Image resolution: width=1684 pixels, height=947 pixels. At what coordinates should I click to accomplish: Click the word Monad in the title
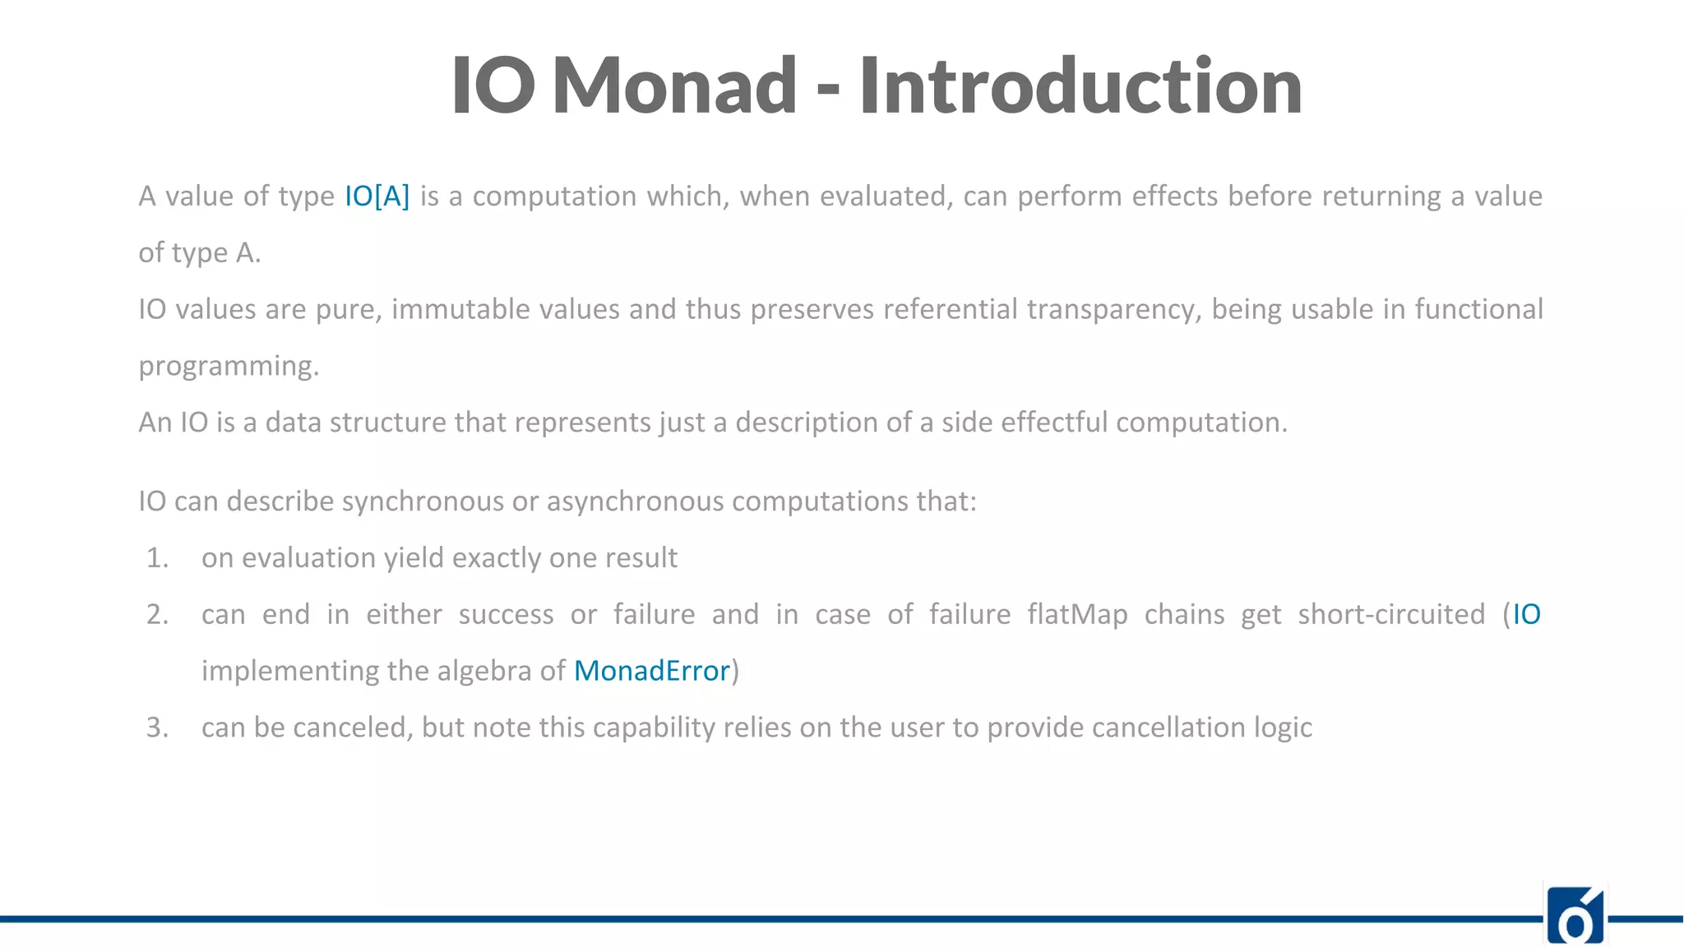674,85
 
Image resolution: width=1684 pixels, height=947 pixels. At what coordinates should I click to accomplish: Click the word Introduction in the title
1080,85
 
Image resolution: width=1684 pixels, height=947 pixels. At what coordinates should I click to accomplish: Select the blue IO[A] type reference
377,196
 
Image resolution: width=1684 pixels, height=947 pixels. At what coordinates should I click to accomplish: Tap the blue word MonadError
651,671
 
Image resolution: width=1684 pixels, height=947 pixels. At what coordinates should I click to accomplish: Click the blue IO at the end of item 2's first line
1526,614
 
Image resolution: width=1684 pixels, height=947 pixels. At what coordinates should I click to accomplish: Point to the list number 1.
157,558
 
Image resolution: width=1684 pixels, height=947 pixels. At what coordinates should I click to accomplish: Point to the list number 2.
157,614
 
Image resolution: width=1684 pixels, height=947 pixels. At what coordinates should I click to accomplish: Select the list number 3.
157,728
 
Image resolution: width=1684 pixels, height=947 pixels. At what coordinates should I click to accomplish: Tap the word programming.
228,366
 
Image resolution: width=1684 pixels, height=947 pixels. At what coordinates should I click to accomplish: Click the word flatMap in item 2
1077,614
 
